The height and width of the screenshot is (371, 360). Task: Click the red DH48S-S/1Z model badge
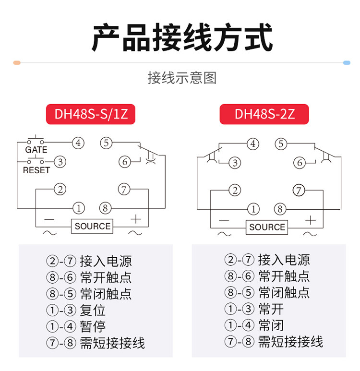click(91, 115)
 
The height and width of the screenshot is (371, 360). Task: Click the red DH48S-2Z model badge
click(264, 115)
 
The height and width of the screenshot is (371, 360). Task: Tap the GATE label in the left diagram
click(36, 150)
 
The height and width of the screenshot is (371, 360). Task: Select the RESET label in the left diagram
click(36, 170)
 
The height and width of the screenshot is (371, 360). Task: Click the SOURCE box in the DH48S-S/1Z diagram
click(92, 226)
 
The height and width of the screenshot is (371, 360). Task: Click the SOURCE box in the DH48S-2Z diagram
click(267, 227)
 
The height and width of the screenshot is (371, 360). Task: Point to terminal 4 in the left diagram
click(78, 143)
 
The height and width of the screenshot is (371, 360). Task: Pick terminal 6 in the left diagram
click(125, 162)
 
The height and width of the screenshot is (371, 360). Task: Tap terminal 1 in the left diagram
click(78, 208)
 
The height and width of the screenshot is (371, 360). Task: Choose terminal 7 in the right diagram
click(300, 191)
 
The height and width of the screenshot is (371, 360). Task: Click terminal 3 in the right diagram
click(235, 163)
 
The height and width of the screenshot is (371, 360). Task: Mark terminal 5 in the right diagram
click(281, 144)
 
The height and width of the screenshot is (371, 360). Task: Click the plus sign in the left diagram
click(136, 219)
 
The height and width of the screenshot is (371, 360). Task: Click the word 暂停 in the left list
click(93, 326)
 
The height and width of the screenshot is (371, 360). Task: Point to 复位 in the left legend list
click(93, 310)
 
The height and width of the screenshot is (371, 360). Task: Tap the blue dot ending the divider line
click(346, 63)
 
